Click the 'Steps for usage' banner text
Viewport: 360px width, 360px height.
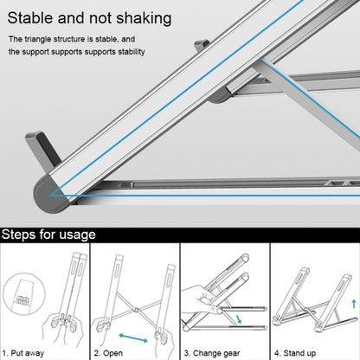click(48, 234)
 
